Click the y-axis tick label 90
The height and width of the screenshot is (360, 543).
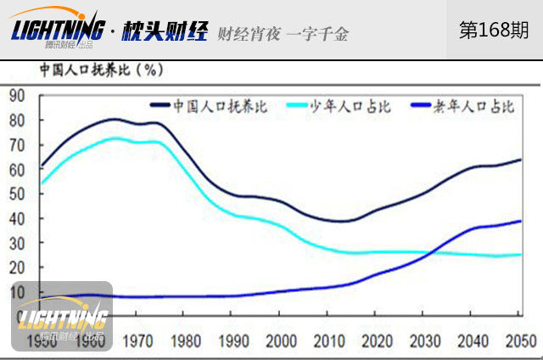(x=15, y=95)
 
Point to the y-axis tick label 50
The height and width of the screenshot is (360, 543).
(x=15, y=194)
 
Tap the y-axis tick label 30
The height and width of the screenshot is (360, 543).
(x=15, y=243)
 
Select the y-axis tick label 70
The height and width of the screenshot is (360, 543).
(x=15, y=144)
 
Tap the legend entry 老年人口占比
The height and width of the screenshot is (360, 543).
(x=474, y=107)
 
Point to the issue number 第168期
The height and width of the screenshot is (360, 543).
(x=494, y=31)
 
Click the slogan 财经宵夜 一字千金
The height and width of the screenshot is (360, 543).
(x=283, y=33)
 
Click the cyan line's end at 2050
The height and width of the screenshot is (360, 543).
(x=520, y=255)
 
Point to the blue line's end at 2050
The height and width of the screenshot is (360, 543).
(x=520, y=222)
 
